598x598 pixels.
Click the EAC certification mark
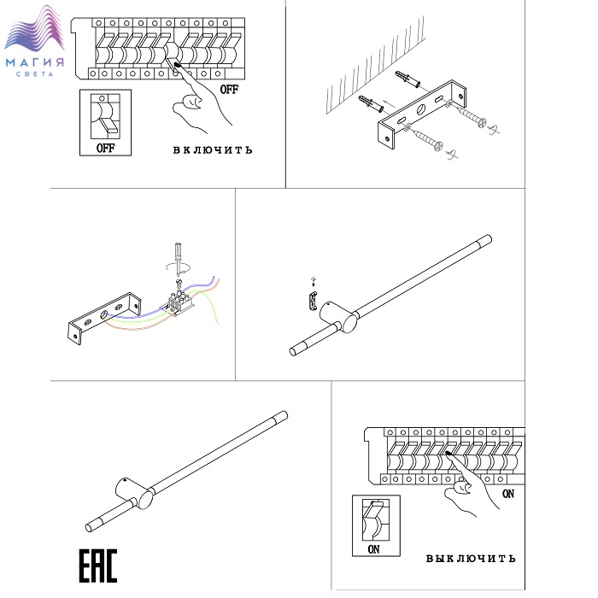(98, 566)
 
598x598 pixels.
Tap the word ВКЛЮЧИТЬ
(213, 150)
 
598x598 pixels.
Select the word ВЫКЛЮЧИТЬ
(471, 559)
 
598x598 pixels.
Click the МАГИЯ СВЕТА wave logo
(34, 41)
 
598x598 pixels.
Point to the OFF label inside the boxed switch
(105, 148)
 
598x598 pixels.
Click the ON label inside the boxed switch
(374, 549)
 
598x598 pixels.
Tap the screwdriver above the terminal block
(178, 260)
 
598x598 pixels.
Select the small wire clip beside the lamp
(313, 302)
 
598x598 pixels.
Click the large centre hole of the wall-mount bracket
(421, 110)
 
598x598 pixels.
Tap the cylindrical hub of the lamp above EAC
(134, 494)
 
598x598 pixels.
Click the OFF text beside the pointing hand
(229, 90)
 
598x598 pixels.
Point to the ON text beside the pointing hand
(508, 494)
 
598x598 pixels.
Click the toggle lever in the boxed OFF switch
(110, 126)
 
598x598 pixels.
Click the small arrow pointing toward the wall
(389, 103)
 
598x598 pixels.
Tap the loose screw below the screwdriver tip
(178, 283)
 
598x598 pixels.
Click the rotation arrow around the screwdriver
(178, 267)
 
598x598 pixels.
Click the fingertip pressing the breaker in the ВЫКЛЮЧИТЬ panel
(448, 454)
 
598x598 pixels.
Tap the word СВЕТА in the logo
(34, 74)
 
